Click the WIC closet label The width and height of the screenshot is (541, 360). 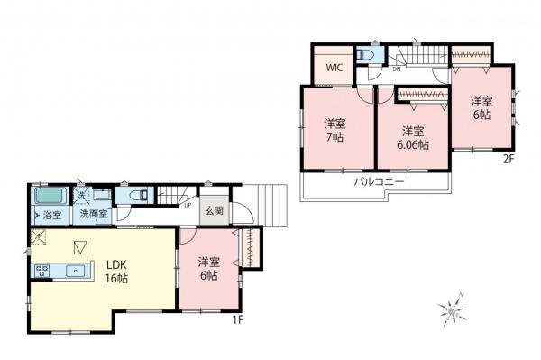click(334, 68)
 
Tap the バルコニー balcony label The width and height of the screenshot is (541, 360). click(378, 182)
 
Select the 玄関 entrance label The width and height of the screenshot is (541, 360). click(214, 211)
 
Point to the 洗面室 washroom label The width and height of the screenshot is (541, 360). click(93, 215)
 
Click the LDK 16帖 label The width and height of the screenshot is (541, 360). click(117, 272)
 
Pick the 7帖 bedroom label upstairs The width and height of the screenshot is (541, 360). click(335, 130)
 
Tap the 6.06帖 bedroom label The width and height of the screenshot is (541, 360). click(413, 136)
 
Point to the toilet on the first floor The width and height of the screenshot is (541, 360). click(141, 194)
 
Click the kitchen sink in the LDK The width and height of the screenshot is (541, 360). click(75, 269)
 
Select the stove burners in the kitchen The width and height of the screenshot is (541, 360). click(41, 269)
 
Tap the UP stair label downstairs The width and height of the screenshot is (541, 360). click(187, 204)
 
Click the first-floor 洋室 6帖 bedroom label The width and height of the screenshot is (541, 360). click(208, 269)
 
